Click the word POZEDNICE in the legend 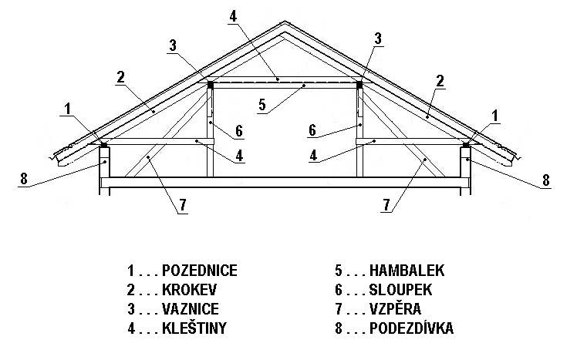click(x=200, y=271)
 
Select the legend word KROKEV click(x=189, y=290)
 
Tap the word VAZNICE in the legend click(x=191, y=309)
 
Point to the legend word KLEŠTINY click(x=194, y=328)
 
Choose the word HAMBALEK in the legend click(x=407, y=271)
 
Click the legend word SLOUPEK click(x=400, y=290)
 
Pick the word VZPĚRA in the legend click(x=395, y=308)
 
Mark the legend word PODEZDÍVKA click(x=411, y=328)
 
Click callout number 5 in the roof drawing click(x=262, y=105)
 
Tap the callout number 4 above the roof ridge click(x=232, y=16)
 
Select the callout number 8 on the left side click(x=24, y=179)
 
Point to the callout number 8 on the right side click(x=545, y=180)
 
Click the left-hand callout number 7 click(x=183, y=205)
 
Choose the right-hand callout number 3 click(x=378, y=39)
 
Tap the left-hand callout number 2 click(x=120, y=77)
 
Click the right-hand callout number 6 click(x=312, y=130)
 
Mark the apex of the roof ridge click(x=285, y=22)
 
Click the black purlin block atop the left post click(x=211, y=85)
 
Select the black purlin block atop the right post click(x=359, y=85)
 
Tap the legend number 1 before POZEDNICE click(x=130, y=271)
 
